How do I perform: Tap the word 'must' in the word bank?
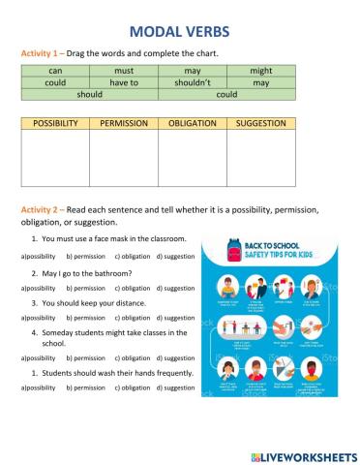point(123,70)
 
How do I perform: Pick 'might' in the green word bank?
point(260,70)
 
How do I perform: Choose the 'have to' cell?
point(123,82)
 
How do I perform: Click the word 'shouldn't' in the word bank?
point(192,82)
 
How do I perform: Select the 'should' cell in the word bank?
point(89,95)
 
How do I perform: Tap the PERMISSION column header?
point(123,124)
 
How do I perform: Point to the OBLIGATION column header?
point(192,124)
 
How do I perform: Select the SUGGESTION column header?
point(260,124)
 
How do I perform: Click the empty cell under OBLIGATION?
point(192,158)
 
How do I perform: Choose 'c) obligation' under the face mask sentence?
point(134,256)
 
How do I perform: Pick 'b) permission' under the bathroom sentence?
point(85,288)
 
